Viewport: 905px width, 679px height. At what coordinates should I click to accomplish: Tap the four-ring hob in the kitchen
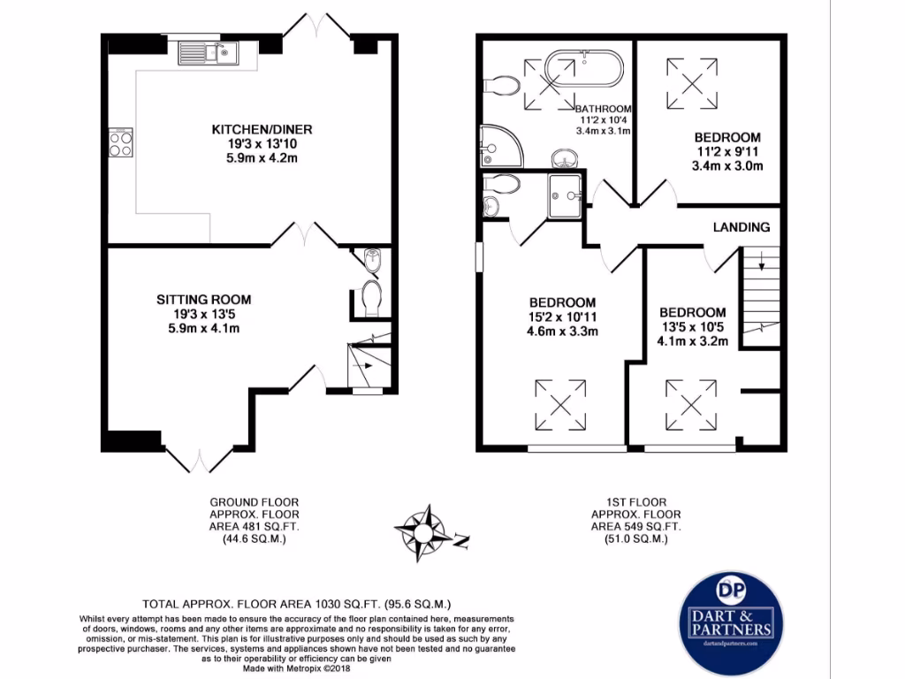pyautogui.click(x=121, y=142)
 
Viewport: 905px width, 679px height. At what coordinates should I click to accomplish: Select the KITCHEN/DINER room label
pyautogui.click(x=261, y=130)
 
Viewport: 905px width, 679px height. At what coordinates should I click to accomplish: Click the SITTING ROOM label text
pyautogui.click(x=204, y=299)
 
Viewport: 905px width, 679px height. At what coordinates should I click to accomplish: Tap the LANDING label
pyautogui.click(x=741, y=227)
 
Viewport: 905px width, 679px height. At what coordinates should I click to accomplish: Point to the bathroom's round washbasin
pyautogui.click(x=563, y=160)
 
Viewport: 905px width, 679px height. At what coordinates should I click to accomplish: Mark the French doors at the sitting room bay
pyautogui.click(x=200, y=460)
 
